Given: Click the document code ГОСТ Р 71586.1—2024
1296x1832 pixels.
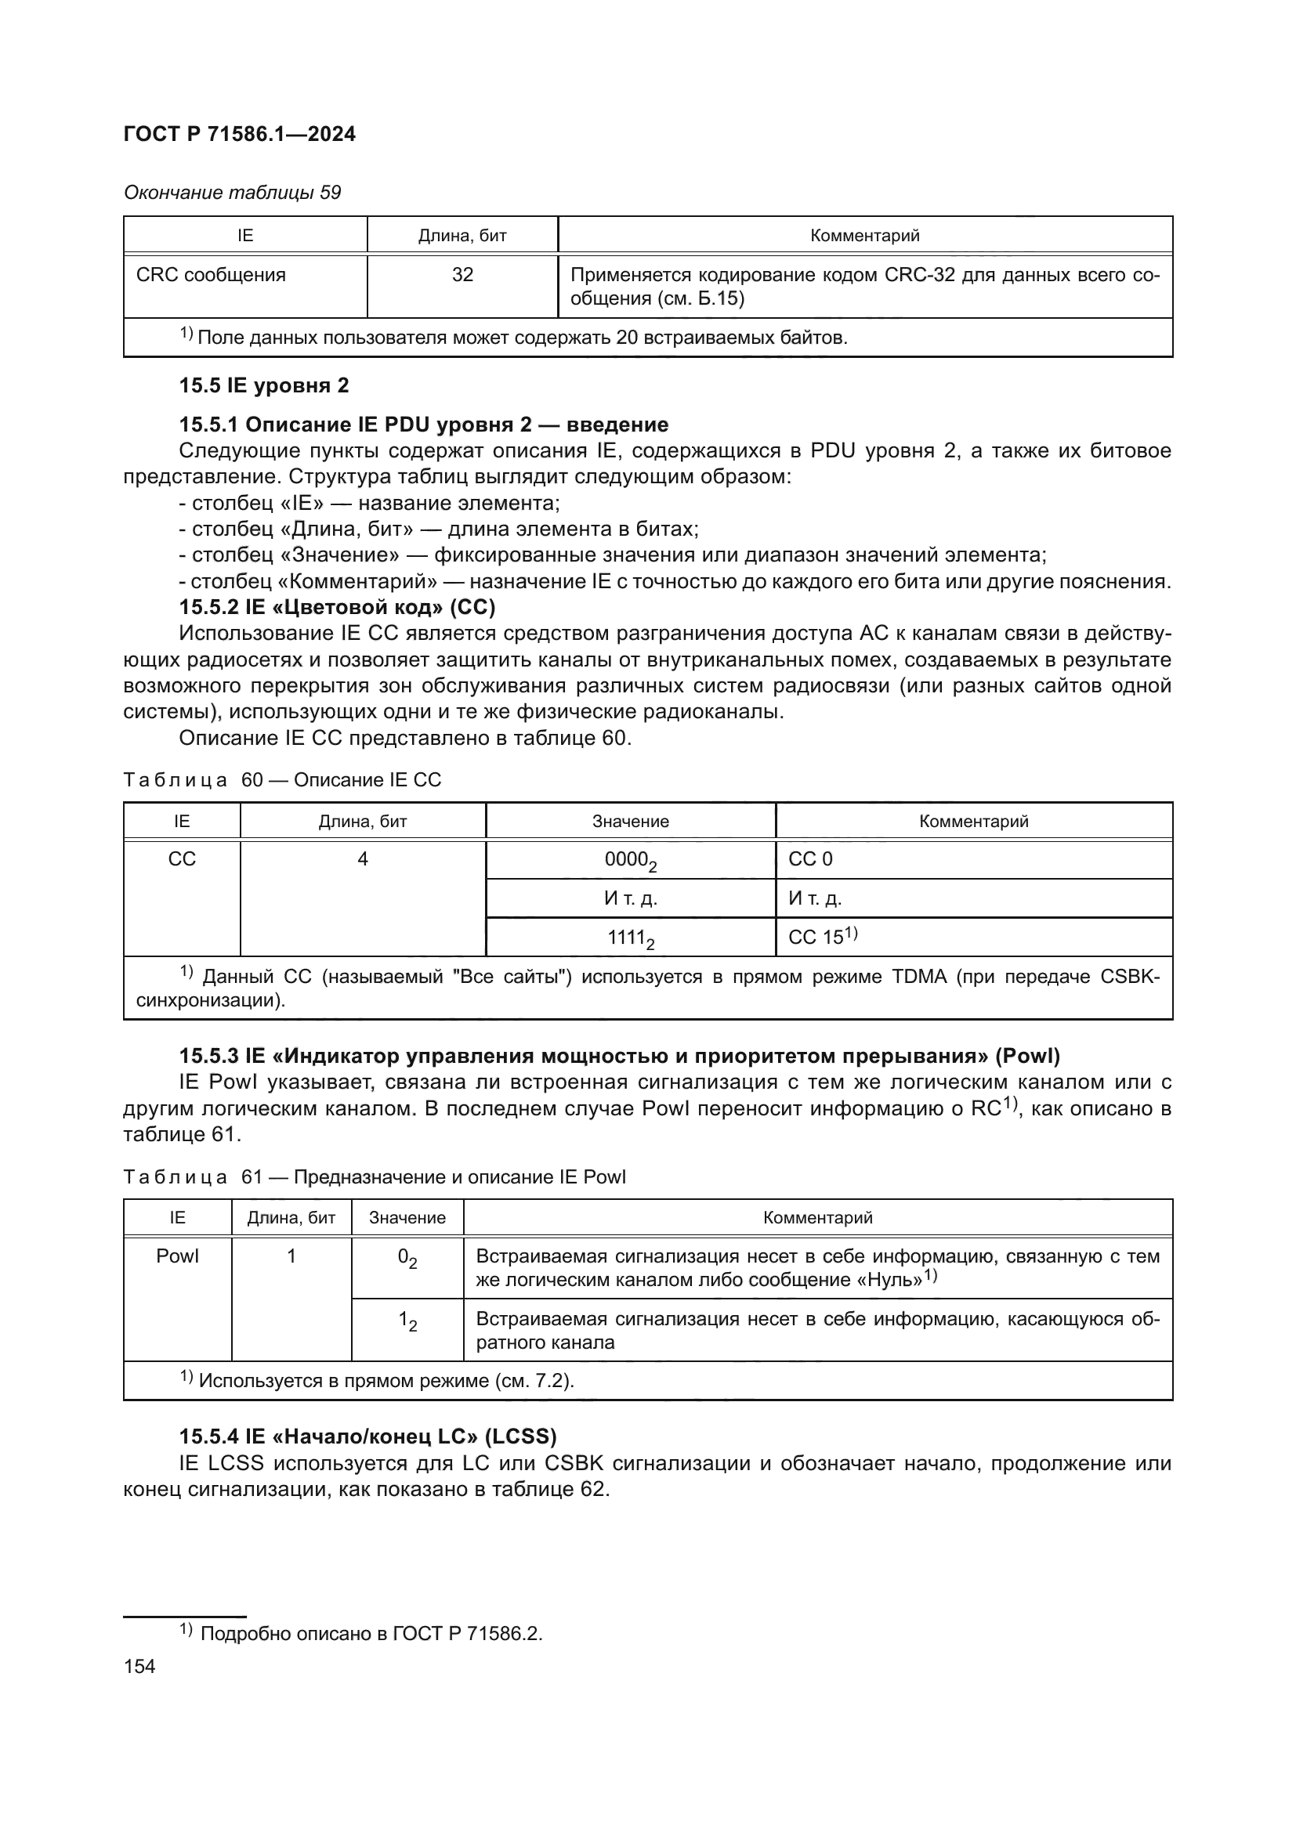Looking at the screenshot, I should point(240,134).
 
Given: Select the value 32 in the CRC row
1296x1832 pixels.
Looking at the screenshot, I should point(462,275).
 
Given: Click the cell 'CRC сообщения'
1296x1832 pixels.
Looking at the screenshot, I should point(211,275).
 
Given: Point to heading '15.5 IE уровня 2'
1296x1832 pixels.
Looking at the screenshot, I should point(263,385).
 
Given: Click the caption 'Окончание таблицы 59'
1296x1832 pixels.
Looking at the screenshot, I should point(232,193).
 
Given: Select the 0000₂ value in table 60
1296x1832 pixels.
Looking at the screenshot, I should point(630,860).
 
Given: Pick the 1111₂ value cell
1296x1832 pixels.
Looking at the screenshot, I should point(630,938).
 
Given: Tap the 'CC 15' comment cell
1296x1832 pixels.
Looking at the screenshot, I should point(822,938).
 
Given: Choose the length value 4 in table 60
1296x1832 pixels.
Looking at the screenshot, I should point(362,859).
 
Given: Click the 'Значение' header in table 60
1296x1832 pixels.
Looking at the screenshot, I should point(630,821).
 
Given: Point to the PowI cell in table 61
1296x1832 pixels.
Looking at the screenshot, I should point(177,1256).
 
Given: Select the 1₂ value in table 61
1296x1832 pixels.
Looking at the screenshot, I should point(407,1322).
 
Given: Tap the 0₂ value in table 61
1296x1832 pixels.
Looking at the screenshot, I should point(407,1259).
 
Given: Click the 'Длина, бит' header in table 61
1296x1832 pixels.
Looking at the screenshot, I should point(291,1218).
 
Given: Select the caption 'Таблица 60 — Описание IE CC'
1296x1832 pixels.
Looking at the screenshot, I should point(282,779).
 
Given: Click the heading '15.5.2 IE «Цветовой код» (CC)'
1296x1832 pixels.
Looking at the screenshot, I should point(337,607).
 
